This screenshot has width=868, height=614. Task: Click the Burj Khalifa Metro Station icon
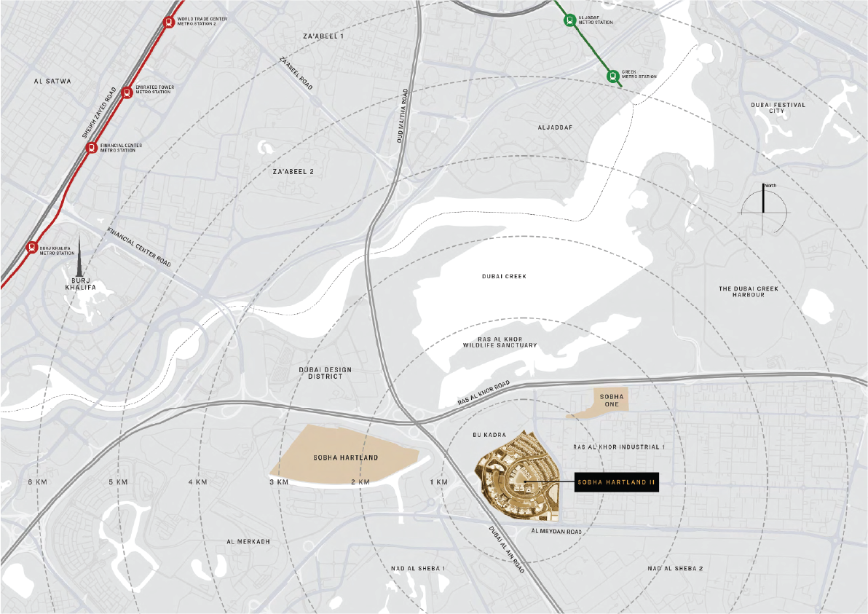pyautogui.click(x=31, y=247)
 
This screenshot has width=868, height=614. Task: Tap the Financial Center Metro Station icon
pyautogui.click(x=91, y=148)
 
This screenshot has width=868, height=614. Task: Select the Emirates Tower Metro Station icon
pyautogui.click(x=127, y=92)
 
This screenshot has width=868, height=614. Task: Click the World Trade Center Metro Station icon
pyautogui.click(x=169, y=22)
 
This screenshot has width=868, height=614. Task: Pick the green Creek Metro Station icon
pyautogui.click(x=612, y=75)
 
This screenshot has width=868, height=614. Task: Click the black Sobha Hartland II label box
pyautogui.click(x=617, y=481)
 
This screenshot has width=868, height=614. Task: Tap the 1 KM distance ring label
pyautogui.click(x=438, y=482)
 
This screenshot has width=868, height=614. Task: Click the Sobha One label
pyautogui.click(x=609, y=399)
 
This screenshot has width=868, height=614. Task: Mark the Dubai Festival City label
pyautogui.click(x=778, y=108)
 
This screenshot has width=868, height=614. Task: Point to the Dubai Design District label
pyautogui.click(x=325, y=373)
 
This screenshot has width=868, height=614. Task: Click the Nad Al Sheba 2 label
pyautogui.click(x=675, y=568)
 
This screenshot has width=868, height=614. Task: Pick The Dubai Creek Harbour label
pyautogui.click(x=748, y=291)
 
